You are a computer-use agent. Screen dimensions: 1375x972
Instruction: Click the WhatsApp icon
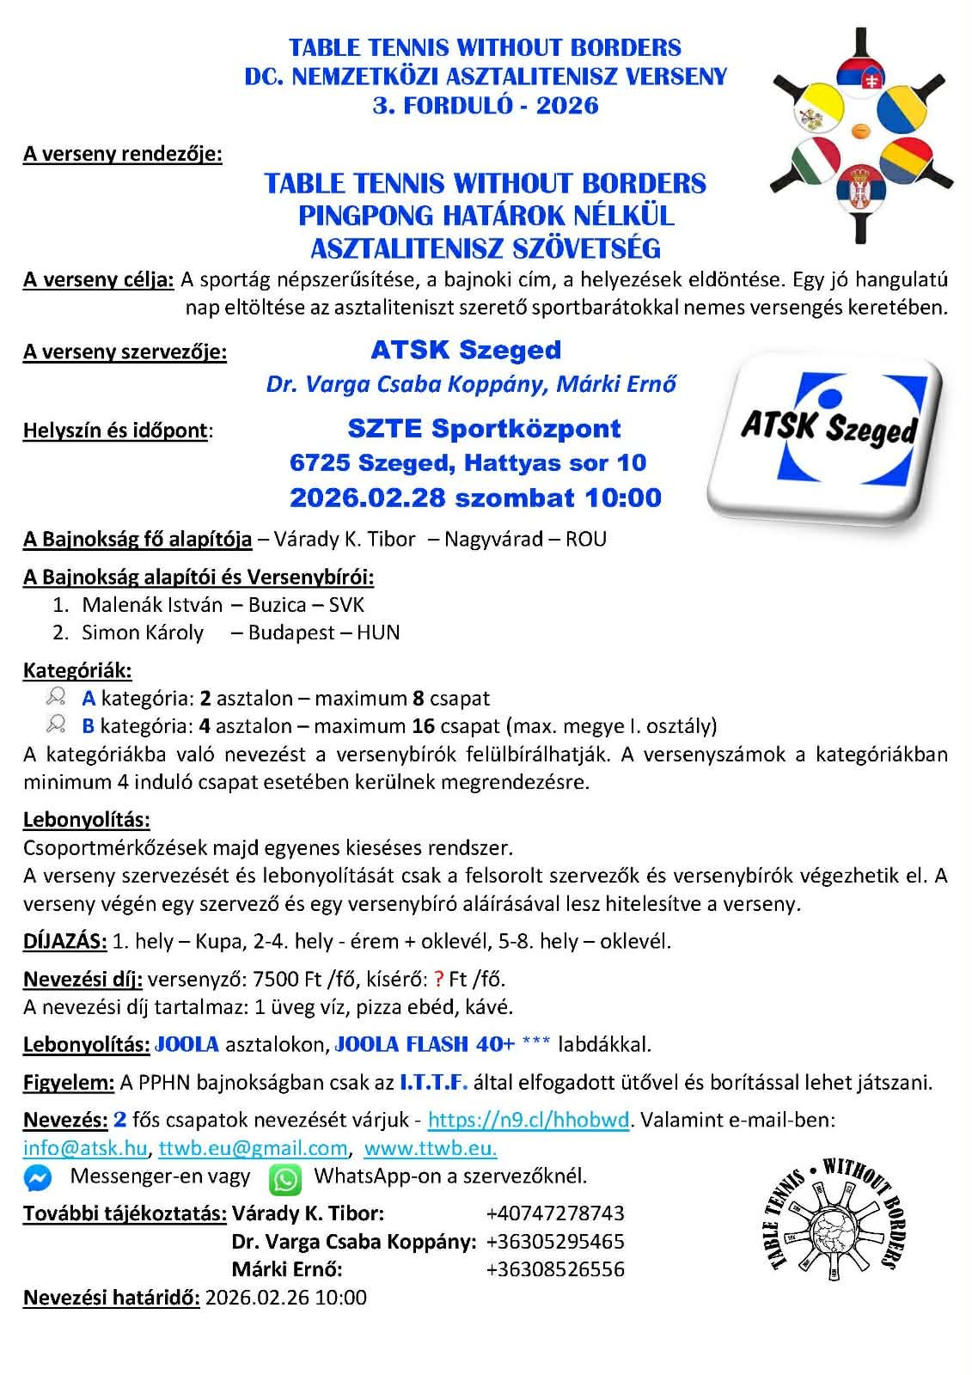pos(285,1178)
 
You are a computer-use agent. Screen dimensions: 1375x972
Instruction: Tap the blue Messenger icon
pos(38,1178)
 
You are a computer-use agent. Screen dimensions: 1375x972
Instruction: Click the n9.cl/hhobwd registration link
pos(529,1121)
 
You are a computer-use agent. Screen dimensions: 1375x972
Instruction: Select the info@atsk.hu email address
pos(85,1149)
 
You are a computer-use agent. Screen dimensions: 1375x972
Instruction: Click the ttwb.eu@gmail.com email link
pos(253,1149)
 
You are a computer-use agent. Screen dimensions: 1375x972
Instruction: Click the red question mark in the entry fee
pos(438,979)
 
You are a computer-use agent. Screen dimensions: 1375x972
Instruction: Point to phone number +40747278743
pos(554,1213)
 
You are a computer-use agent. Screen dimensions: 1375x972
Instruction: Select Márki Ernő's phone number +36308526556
pos(554,1269)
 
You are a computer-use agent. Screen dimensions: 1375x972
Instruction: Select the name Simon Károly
pos(143,633)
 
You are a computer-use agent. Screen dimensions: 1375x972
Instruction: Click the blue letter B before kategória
pos(89,727)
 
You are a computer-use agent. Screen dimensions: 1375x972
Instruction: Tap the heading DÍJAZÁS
pos(65,941)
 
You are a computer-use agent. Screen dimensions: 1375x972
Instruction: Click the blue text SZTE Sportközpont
pos(484,428)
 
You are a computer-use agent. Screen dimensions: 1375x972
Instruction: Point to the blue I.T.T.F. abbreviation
pos(433,1083)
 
